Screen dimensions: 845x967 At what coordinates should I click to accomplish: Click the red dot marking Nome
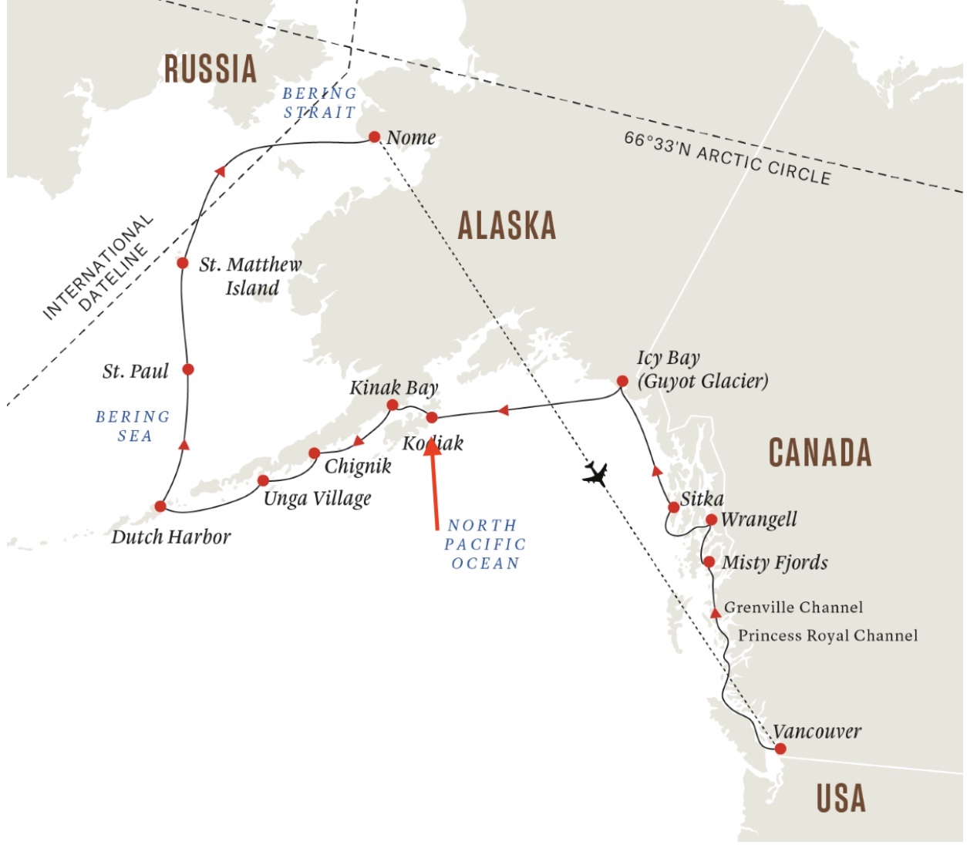tap(374, 136)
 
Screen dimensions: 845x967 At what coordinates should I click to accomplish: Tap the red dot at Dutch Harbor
tap(160, 507)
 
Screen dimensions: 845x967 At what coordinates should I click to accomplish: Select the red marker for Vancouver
tap(780, 749)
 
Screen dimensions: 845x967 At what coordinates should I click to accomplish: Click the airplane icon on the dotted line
tap(595, 473)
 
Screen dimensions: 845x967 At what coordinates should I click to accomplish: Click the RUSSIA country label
tap(210, 69)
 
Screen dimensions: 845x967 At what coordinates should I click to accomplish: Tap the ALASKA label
tap(507, 226)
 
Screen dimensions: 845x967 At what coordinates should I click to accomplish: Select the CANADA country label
tap(820, 453)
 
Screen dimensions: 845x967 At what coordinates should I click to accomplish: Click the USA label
tap(841, 799)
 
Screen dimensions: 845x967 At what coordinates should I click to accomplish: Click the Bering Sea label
tap(133, 426)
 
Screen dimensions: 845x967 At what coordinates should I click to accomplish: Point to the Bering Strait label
tap(320, 103)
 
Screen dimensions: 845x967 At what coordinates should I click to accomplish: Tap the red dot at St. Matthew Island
tap(183, 263)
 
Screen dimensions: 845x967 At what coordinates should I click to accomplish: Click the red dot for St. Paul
tap(187, 369)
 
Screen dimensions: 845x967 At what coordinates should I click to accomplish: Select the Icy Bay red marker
tap(622, 381)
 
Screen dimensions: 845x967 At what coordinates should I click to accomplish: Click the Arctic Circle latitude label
tap(727, 158)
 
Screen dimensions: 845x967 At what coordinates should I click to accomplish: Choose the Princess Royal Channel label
tap(827, 636)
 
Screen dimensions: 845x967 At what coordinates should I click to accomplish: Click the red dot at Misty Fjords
tap(709, 562)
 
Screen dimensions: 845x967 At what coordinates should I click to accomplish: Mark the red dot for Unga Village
tap(263, 480)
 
